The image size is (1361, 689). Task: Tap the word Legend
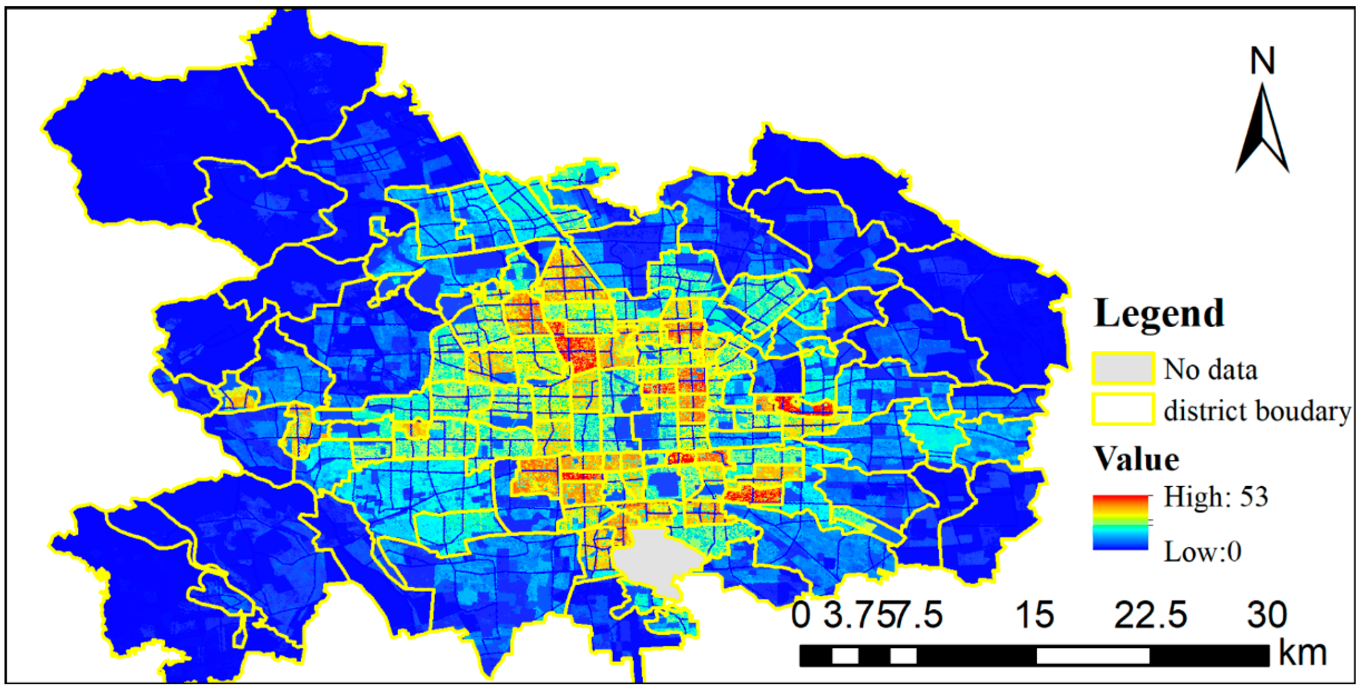[x=1159, y=314]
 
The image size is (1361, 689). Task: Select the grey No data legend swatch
[x=1123, y=368]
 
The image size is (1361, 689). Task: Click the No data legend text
[x=1210, y=369]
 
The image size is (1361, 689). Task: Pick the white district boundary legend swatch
[x=1123, y=410]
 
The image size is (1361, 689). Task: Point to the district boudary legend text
[x=1257, y=410]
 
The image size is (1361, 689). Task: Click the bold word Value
[x=1136, y=459]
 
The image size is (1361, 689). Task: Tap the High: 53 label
[x=1216, y=497]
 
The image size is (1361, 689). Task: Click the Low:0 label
[x=1202, y=552]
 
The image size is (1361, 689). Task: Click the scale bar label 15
[x=1035, y=615]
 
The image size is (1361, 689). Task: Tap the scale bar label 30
[x=1267, y=615]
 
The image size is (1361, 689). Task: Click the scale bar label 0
[x=801, y=615]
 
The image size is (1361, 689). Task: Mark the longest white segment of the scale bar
[x=1093, y=656]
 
